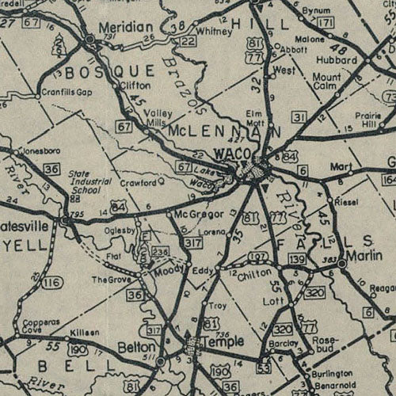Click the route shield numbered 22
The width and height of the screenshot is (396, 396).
click(x=187, y=41)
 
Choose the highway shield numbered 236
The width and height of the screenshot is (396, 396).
click(x=161, y=252)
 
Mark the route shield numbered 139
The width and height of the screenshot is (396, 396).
click(x=298, y=260)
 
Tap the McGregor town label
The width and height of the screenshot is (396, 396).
click(x=195, y=214)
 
